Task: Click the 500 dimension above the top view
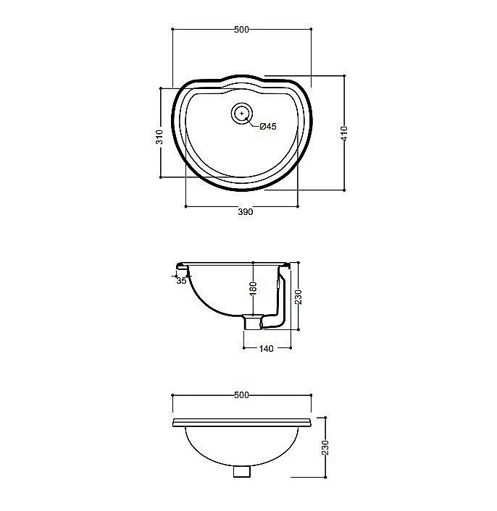[241, 30]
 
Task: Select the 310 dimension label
[159, 137]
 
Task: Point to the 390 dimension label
[245, 212]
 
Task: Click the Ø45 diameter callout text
[268, 127]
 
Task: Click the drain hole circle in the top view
[242, 114]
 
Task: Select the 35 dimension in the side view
[181, 280]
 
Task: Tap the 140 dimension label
[266, 349]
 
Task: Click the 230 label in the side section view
[297, 296]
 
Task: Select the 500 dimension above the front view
[241, 395]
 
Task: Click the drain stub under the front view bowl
[242, 470]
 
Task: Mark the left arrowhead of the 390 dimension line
[186, 206]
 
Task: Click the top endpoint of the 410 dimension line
[344, 75]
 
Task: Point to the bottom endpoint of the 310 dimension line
[161, 177]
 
